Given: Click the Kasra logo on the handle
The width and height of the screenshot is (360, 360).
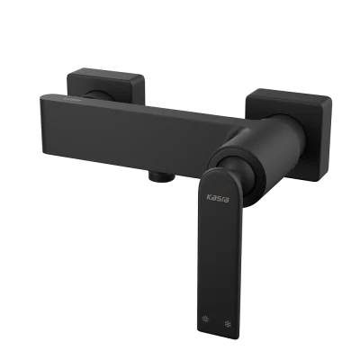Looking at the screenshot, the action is point(218,198).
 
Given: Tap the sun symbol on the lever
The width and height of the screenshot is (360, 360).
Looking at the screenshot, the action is point(205,319).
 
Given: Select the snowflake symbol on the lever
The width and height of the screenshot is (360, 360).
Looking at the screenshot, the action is point(228,324).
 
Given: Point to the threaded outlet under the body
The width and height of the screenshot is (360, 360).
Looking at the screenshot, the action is point(161,176).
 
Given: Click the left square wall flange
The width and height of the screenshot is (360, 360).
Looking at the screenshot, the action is point(106,85).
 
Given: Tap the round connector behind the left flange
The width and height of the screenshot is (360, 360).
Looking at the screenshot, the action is point(99,94).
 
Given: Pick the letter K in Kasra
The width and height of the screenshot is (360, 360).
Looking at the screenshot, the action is point(209,197).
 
